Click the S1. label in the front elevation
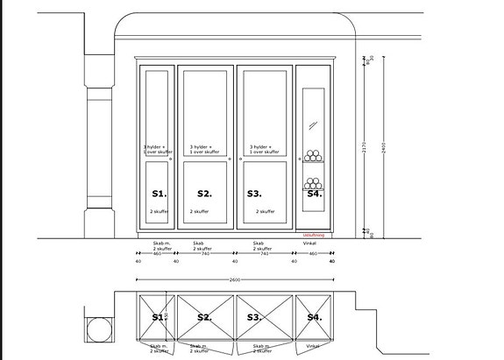159,193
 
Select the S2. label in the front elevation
205,193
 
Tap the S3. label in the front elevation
254,193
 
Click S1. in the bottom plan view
159,317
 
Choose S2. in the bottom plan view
205,317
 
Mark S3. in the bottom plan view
254,317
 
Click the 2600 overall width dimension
235,279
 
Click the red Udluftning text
314,236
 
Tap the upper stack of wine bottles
313,156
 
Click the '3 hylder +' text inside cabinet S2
203,147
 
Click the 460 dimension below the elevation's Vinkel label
313,253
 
